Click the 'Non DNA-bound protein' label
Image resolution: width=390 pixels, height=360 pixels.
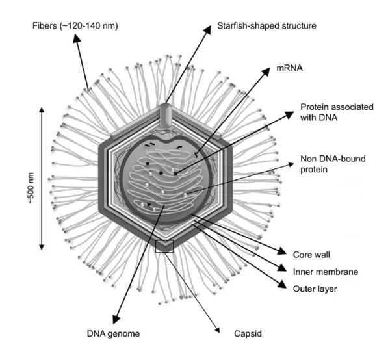[x=331, y=164]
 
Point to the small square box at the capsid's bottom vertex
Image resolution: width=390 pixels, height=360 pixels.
[x=164, y=246]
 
